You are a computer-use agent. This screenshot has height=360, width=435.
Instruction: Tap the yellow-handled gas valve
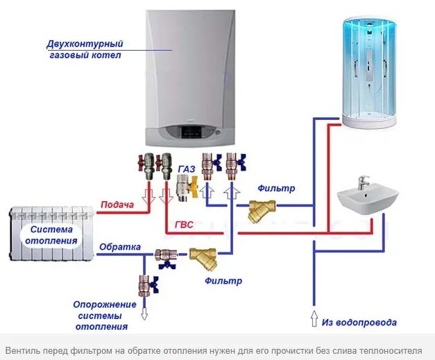185,185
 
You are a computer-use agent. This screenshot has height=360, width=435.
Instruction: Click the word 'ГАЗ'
186,169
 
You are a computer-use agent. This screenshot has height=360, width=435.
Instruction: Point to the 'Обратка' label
119,247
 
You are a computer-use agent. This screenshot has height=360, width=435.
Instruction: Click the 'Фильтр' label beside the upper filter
276,188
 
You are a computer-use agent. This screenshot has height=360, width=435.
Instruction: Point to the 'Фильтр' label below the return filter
223,281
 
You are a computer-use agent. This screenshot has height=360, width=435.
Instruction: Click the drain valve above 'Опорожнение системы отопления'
145,284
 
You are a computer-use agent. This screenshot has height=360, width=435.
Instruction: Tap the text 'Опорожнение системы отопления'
101,315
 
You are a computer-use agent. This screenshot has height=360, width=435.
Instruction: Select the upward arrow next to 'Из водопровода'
313,320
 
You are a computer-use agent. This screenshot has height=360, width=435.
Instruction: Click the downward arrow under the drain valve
144,313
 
